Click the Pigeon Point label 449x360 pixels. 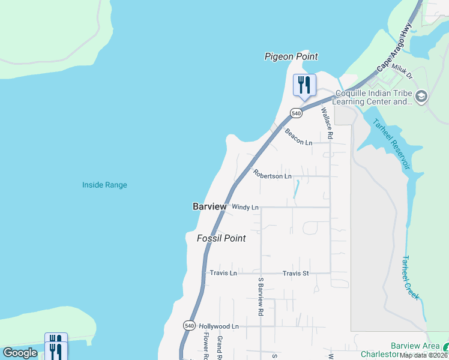(291, 56)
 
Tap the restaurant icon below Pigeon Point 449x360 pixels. (304, 85)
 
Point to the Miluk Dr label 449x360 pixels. (402, 73)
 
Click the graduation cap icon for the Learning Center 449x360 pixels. (421, 96)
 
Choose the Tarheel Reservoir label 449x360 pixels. (391, 143)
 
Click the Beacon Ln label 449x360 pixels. (299, 137)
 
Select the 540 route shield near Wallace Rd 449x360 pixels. (296, 113)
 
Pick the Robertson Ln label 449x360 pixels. (272, 175)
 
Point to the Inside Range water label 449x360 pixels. (104, 185)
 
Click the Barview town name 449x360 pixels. (209, 206)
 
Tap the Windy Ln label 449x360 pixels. (245, 207)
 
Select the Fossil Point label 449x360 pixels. (221, 238)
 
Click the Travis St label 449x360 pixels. (295, 273)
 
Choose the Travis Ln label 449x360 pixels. (223, 273)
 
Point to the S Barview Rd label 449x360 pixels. (261, 296)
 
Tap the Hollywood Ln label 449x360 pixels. (219, 326)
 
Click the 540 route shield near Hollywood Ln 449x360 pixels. (189, 325)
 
